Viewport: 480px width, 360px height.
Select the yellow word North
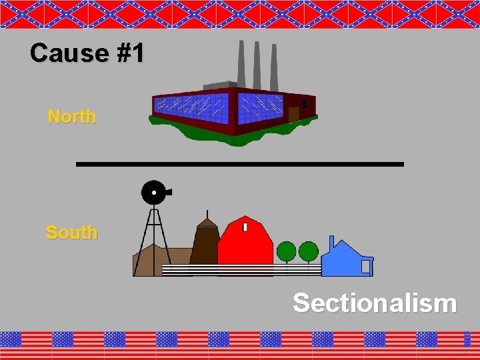[x=72, y=117]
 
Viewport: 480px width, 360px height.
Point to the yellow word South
[x=71, y=233]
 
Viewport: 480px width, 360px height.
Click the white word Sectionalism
[x=375, y=303]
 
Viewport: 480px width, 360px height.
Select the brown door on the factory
[x=293, y=113]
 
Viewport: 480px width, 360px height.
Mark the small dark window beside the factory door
[x=305, y=104]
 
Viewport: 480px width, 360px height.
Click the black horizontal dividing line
[x=240, y=164]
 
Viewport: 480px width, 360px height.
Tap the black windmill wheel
[x=153, y=193]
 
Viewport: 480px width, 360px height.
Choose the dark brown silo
[x=206, y=243]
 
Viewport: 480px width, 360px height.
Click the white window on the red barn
[x=245, y=227]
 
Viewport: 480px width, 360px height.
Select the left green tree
[x=286, y=251]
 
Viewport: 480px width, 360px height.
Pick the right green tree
[x=308, y=251]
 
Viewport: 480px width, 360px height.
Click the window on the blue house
[x=365, y=267]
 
